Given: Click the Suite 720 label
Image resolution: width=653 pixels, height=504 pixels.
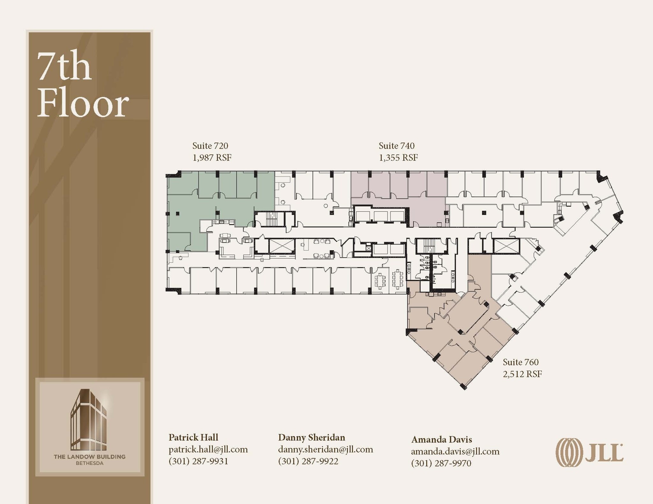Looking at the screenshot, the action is pyautogui.click(x=210, y=146).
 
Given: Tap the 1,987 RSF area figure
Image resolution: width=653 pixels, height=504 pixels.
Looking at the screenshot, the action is pyautogui.click(x=212, y=158).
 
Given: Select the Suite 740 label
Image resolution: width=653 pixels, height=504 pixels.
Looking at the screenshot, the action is pyautogui.click(x=397, y=146).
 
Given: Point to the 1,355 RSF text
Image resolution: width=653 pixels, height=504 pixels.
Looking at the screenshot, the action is pyautogui.click(x=398, y=158).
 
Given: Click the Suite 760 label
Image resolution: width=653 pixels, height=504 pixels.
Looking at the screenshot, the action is pyautogui.click(x=521, y=362).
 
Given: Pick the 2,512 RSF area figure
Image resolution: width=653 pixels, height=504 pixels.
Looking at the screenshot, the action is pyautogui.click(x=522, y=374).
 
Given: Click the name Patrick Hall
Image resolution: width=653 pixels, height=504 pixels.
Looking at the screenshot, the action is pyautogui.click(x=193, y=437).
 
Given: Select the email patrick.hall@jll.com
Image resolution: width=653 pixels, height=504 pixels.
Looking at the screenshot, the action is pyautogui.click(x=208, y=450).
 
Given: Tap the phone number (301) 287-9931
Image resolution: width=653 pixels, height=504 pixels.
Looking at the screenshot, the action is pyautogui.click(x=198, y=461).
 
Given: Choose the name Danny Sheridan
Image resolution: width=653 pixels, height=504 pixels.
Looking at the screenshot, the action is pyautogui.click(x=312, y=437).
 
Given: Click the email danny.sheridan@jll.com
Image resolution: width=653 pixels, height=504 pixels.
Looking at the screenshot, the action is pyautogui.click(x=326, y=450).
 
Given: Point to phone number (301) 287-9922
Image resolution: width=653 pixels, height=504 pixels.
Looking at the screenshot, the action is pyautogui.click(x=308, y=461).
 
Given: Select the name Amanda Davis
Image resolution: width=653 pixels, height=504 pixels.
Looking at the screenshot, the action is pyautogui.click(x=442, y=439).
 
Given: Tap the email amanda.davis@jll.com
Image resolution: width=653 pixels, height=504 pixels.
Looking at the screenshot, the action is pyautogui.click(x=455, y=451).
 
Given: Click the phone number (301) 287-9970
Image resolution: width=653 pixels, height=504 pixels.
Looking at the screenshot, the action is pyautogui.click(x=441, y=463).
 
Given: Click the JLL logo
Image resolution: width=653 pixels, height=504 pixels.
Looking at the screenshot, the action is pyautogui.click(x=590, y=453).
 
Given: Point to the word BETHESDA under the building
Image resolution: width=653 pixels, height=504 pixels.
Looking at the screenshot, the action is pyautogui.click(x=90, y=463).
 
